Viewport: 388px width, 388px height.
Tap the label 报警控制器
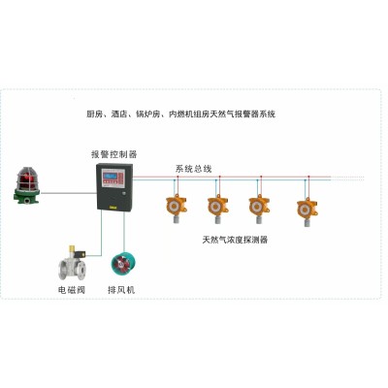click(x=114, y=154)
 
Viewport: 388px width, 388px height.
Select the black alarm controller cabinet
click(x=114, y=187)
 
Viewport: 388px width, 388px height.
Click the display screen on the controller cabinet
click(x=110, y=176)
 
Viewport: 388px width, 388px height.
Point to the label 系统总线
click(x=193, y=169)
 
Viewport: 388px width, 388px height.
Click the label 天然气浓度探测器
click(x=235, y=240)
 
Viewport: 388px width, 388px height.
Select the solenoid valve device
click(x=73, y=265)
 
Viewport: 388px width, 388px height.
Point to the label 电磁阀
click(x=72, y=290)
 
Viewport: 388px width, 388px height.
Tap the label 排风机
click(x=121, y=290)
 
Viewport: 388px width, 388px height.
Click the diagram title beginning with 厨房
click(x=181, y=114)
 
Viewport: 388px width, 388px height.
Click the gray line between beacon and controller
click(x=69, y=193)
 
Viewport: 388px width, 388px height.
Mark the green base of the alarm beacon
click(x=26, y=196)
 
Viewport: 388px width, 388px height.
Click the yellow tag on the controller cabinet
click(x=113, y=205)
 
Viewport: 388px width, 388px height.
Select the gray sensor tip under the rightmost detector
click(x=307, y=222)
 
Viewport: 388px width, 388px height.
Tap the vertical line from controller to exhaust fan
click(x=124, y=232)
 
